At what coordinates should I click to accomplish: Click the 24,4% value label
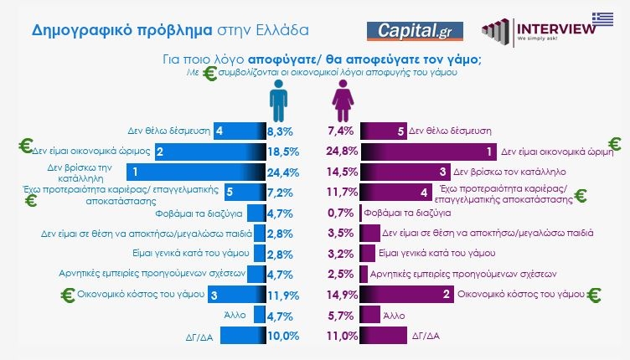pyautogui.click(x=283, y=172)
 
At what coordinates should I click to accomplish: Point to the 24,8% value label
pyautogui.click(x=342, y=152)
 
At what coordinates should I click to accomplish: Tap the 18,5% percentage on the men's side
pyautogui.click(x=283, y=152)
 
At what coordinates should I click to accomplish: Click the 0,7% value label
pyautogui.click(x=342, y=213)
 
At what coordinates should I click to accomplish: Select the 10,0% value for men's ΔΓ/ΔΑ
pyautogui.click(x=283, y=336)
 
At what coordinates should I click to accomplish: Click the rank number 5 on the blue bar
pyautogui.click(x=206, y=193)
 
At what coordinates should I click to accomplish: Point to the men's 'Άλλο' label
pyautogui.click(x=234, y=315)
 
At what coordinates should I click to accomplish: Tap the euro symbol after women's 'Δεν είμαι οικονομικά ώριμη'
pyautogui.click(x=616, y=145)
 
